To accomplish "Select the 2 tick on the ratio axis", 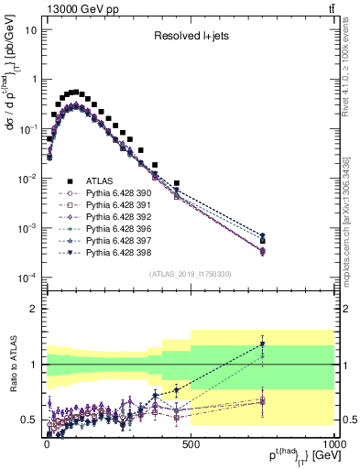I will [37, 309].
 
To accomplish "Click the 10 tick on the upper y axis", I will [33, 30].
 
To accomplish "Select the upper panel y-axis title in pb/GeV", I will [12, 93].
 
